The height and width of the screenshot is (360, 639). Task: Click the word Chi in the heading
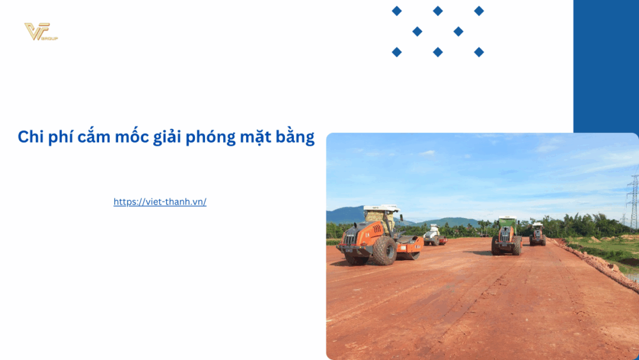(x=31, y=137)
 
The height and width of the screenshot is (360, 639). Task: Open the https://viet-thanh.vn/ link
(x=160, y=202)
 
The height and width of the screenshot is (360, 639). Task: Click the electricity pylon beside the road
(x=633, y=201)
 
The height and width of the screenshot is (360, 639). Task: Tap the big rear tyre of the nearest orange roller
(x=385, y=251)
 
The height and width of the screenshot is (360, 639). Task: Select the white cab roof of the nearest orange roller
(x=381, y=208)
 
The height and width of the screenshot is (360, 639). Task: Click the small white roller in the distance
(x=434, y=235)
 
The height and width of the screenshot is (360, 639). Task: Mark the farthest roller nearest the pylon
(x=537, y=234)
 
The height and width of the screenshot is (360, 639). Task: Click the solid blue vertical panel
(x=606, y=64)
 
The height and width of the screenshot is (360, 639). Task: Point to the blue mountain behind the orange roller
(x=345, y=215)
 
